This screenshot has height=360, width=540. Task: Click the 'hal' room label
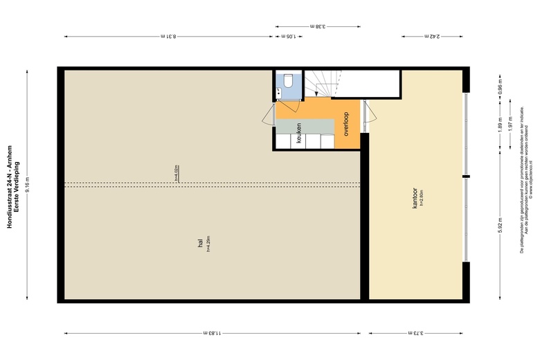pyautogui.click(x=201, y=243)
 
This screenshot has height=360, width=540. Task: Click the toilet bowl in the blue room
pyautogui.click(x=289, y=81)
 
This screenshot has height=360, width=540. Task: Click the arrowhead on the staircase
pyautogui.click(x=316, y=102)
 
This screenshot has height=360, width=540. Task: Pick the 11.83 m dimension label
pyautogui.click(x=211, y=334)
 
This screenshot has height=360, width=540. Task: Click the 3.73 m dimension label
pyautogui.click(x=415, y=334)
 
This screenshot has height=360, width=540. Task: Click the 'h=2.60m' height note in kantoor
pyautogui.click(x=421, y=198)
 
